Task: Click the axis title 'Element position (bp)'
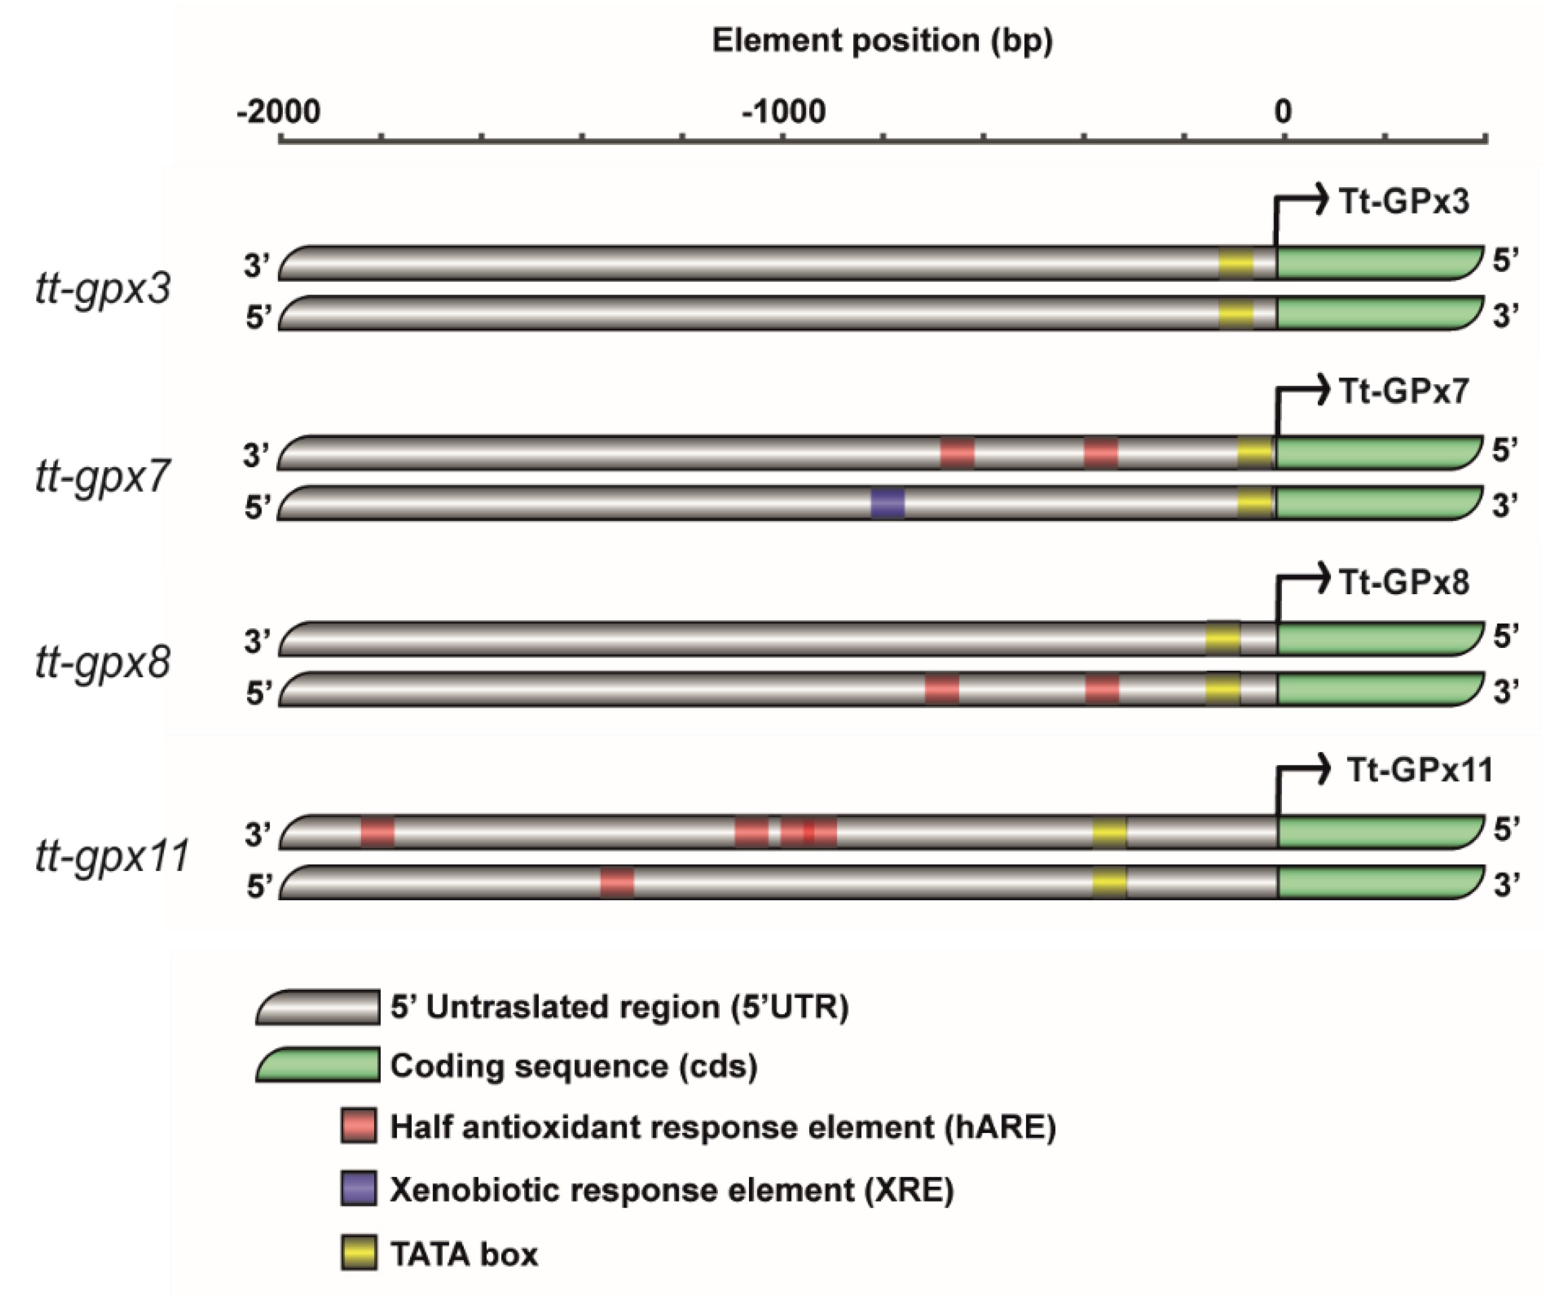pyautogui.click(x=882, y=41)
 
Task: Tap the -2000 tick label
pyautogui.click(x=279, y=112)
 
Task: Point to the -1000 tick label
pyautogui.click(x=783, y=112)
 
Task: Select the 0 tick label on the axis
pyautogui.click(x=1283, y=112)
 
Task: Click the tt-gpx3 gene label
pyautogui.click(x=103, y=288)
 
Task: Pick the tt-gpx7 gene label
pyautogui.click(x=103, y=477)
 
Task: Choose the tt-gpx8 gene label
pyautogui.click(x=103, y=663)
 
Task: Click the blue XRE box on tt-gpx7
pyautogui.click(x=887, y=504)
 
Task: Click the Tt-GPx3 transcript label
pyautogui.click(x=1404, y=202)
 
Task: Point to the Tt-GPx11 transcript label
pyautogui.click(x=1419, y=770)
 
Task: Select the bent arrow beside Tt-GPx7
pyautogui.click(x=1300, y=403)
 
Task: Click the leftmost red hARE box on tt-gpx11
pyautogui.click(x=378, y=832)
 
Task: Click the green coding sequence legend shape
pyautogui.click(x=318, y=1065)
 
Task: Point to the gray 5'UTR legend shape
pyautogui.click(x=318, y=1008)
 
